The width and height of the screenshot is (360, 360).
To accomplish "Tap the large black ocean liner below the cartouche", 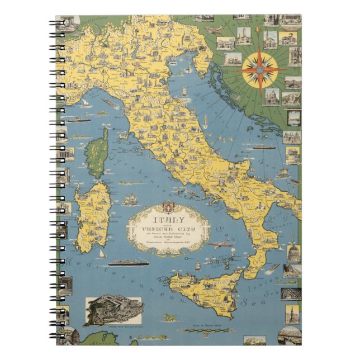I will [127, 262].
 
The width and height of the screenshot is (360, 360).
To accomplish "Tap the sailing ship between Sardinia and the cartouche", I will [131, 199].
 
